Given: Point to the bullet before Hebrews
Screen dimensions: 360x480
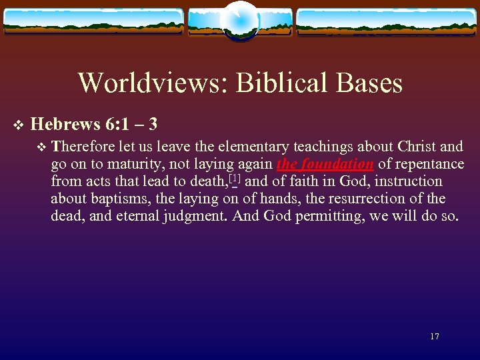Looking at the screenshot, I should [x=18, y=125].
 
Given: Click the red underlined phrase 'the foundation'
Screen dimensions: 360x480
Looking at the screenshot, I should [x=325, y=164].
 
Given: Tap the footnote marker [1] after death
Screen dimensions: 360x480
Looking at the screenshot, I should [x=234, y=179].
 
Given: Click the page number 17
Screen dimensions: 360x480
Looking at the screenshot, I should [x=435, y=337].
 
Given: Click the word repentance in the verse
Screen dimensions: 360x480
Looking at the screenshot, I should [x=430, y=164].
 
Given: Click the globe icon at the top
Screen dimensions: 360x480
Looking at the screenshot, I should [x=239, y=20].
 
